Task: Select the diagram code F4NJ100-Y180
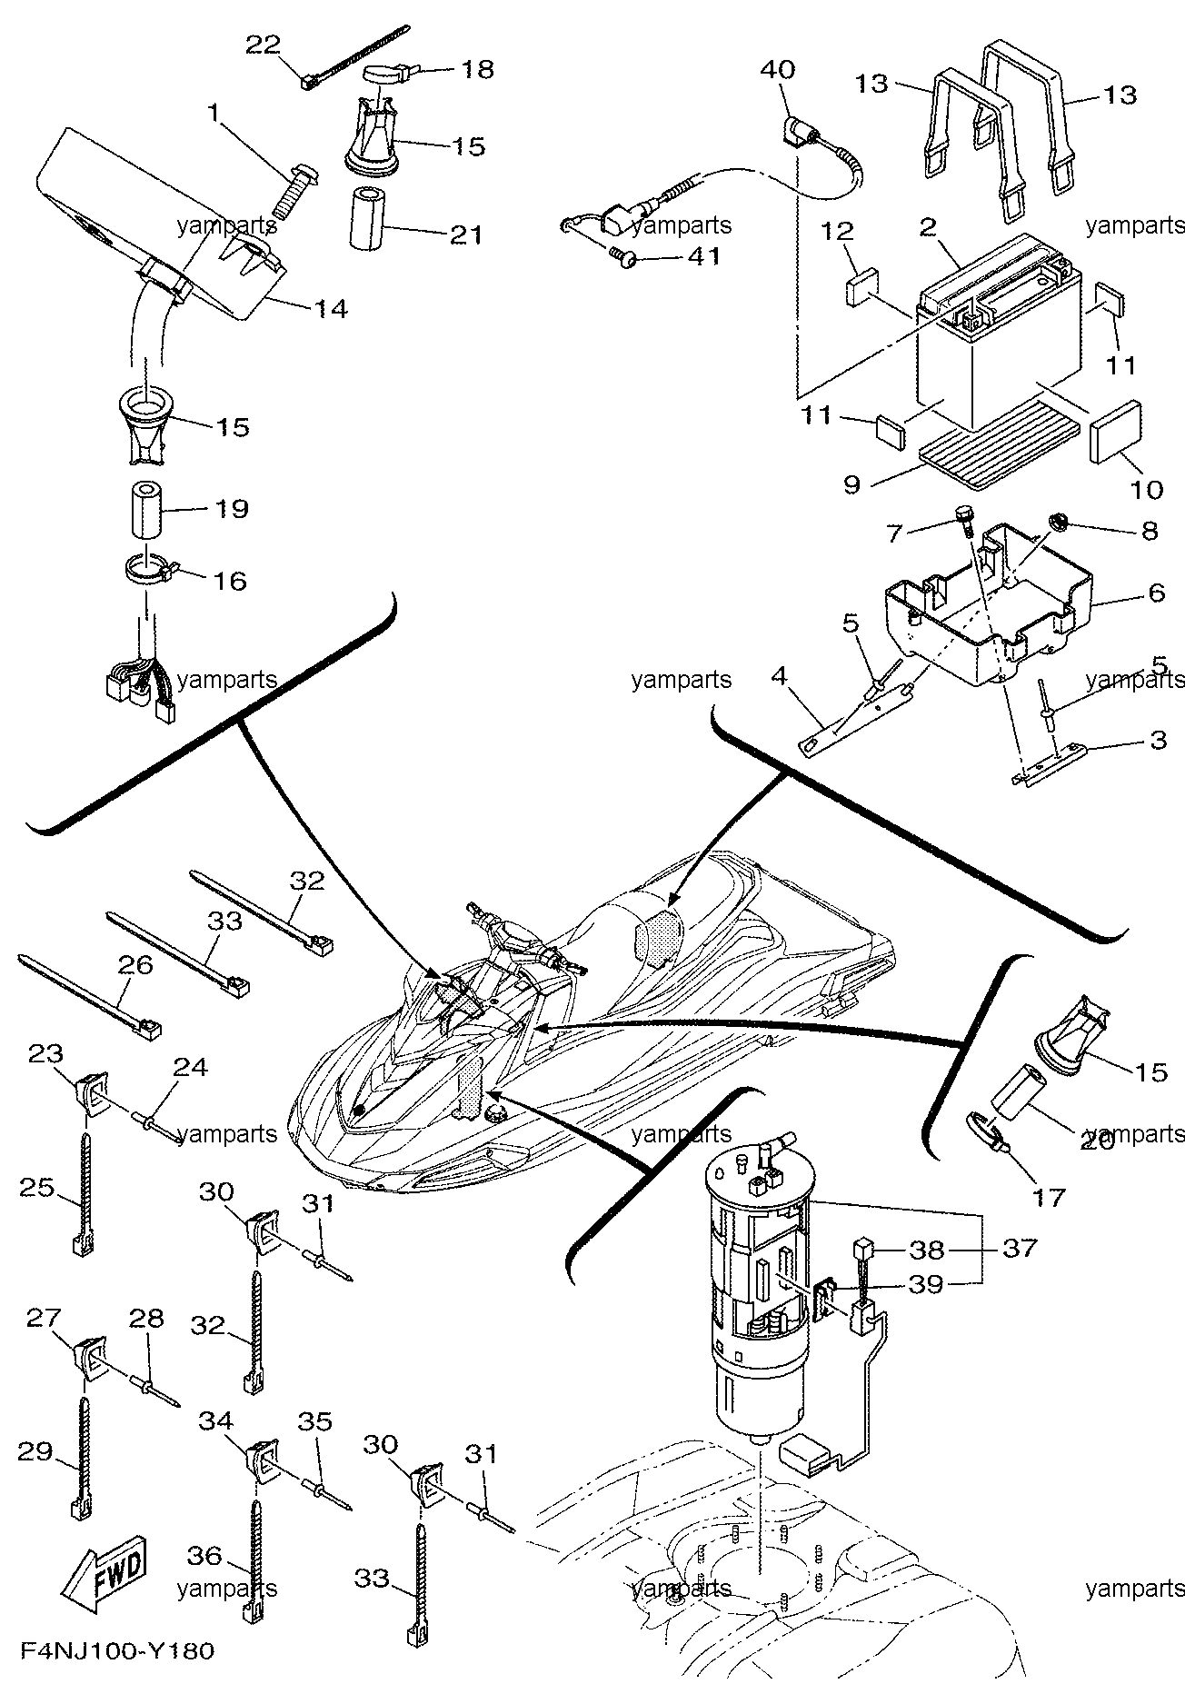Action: coord(115,1676)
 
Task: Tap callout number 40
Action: coord(777,70)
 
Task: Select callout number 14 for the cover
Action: coord(331,309)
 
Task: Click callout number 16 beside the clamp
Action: coord(229,580)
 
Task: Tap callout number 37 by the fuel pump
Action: coord(1020,1248)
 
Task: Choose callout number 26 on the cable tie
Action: coord(134,966)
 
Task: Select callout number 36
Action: coord(206,1556)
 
